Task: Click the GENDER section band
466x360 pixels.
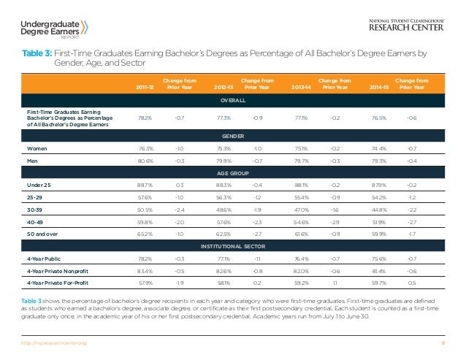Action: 232,136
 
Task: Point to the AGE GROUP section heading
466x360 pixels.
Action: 232,174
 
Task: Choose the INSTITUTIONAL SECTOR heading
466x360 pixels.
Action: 232,248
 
